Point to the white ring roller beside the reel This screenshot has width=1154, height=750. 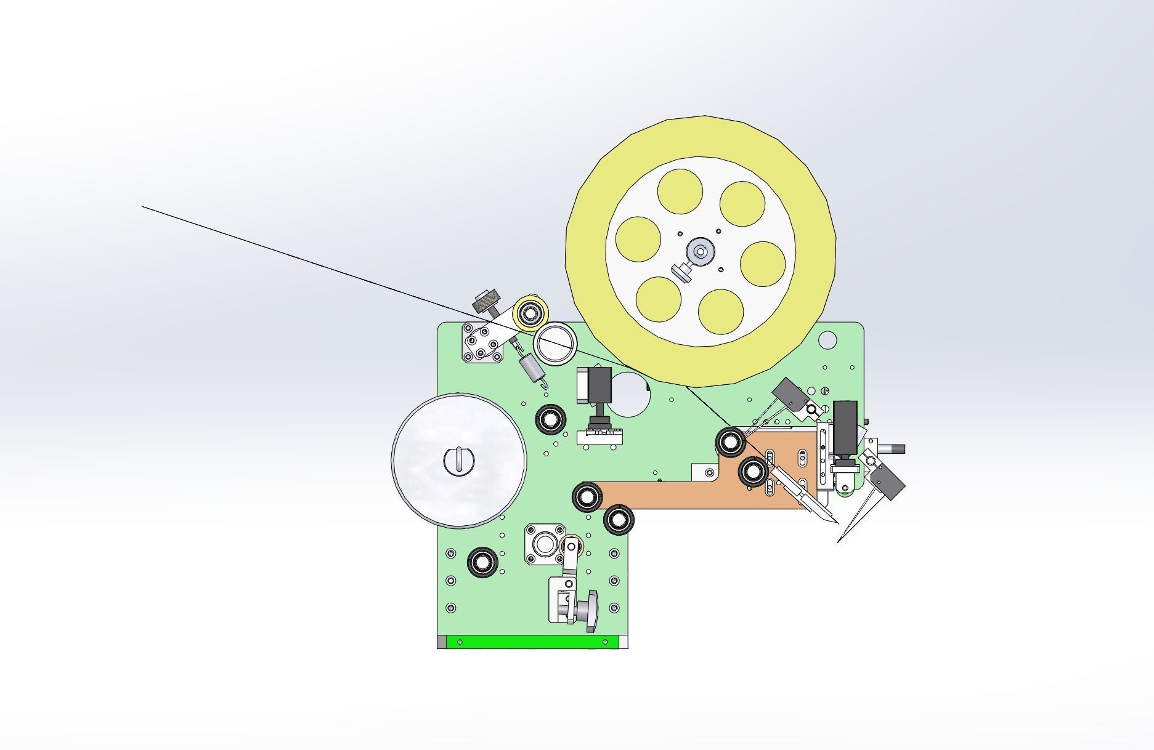[x=556, y=344]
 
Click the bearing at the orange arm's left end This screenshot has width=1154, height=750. [x=587, y=496]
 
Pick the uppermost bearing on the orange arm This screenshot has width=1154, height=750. [x=731, y=442]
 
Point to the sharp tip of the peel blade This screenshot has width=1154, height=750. [x=838, y=523]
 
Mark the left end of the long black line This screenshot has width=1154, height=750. [x=143, y=207]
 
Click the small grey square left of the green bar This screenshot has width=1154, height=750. [x=441, y=642]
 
